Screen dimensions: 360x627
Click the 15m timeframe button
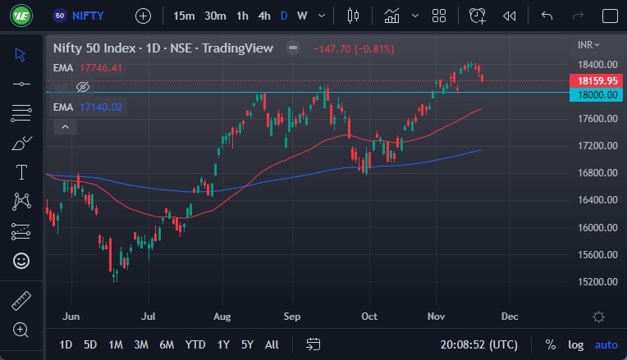[x=185, y=16]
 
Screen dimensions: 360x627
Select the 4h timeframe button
[x=263, y=16]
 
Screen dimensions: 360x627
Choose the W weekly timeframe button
[x=302, y=16]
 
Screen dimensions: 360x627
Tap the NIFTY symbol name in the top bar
[x=89, y=16]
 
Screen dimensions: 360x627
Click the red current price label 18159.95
[x=597, y=81]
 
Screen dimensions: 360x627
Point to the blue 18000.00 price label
[x=597, y=94]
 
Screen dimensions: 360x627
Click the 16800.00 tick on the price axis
[x=597, y=173]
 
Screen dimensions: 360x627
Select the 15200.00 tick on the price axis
[x=597, y=282]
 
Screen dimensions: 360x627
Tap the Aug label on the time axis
[x=221, y=316]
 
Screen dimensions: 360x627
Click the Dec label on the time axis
[x=509, y=316]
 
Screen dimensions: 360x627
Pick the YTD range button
[x=195, y=344]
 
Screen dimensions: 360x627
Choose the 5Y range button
[x=248, y=344]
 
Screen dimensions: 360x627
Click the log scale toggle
[x=576, y=344]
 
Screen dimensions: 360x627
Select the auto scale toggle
[x=606, y=344]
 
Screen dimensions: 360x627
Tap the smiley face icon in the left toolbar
[x=21, y=261]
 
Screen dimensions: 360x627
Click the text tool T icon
[x=21, y=172]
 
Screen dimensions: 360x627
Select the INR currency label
[x=588, y=45]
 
